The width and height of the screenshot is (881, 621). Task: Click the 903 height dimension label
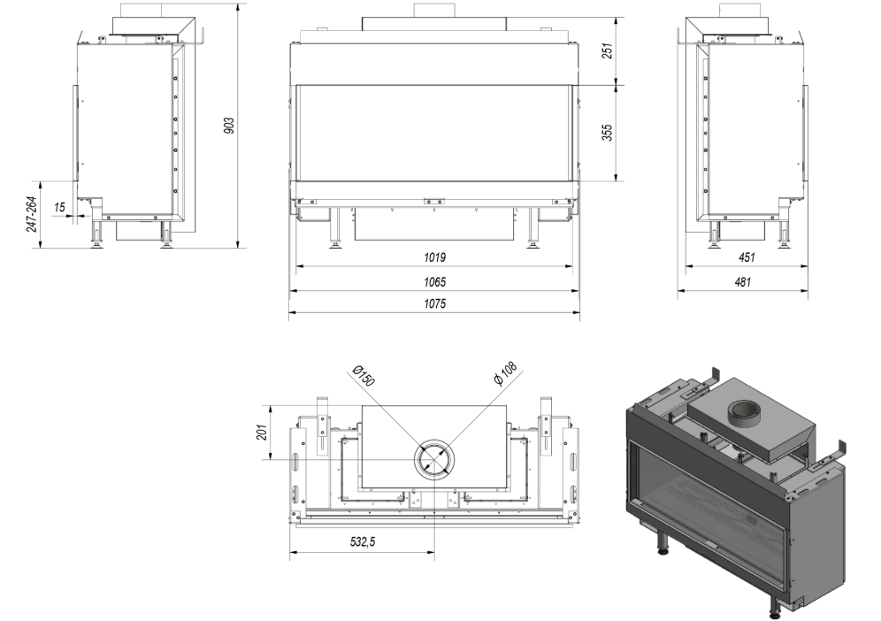click(x=229, y=126)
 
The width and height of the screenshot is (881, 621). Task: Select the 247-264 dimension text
click(x=32, y=214)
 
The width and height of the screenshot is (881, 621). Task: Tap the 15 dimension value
click(x=59, y=207)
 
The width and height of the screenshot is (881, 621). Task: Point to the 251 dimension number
click(x=607, y=50)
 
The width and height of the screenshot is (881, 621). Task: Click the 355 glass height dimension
click(x=607, y=132)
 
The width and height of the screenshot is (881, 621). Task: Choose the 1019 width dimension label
click(x=434, y=257)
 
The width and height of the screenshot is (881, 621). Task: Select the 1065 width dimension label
click(x=434, y=282)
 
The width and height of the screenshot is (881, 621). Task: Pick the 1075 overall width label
click(x=434, y=304)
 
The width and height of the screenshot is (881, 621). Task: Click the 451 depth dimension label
click(x=747, y=257)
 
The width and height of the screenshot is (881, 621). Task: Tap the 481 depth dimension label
click(x=742, y=282)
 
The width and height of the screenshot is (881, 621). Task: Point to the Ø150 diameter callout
click(x=363, y=375)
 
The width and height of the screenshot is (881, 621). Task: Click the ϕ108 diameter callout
click(x=505, y=373)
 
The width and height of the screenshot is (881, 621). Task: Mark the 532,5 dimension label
click(x=363, y=541)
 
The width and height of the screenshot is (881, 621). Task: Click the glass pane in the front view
click(x=434, y=134)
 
